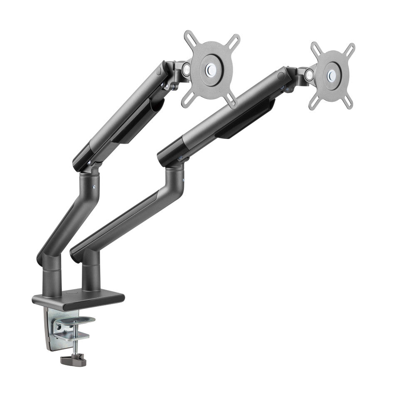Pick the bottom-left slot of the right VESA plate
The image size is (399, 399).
(x=314, y=102)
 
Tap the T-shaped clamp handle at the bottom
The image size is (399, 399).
(x=73, y=360)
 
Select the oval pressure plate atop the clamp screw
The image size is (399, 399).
(x=79, y=320)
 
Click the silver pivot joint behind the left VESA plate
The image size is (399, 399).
(x=185, y=69)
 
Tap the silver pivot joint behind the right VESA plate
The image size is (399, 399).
(x=309, y=74)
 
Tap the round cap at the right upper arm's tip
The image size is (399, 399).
(x=282, y=75)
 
